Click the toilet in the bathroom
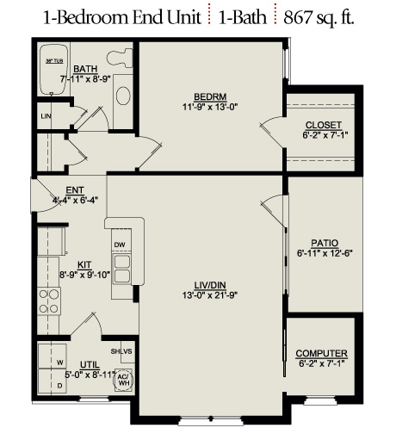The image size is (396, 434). (120, 58)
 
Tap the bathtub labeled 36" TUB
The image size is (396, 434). (54, 69)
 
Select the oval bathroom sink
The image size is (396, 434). (123, 96)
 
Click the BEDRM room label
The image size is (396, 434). (210, 96)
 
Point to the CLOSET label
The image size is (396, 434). (324, 125)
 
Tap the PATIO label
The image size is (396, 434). (325, 243)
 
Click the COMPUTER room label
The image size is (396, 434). (321, 353)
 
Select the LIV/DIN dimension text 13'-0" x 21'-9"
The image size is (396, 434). (210, 295)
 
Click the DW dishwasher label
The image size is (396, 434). (120, 245)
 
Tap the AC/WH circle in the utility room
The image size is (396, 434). (124, 380)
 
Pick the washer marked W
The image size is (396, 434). (53, 356)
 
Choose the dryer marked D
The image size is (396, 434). (53, 381)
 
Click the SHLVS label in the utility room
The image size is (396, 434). (121, 351)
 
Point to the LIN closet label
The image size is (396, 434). (46, 116)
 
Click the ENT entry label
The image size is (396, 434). (75, 190)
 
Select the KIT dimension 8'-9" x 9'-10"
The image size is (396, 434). (85, 275)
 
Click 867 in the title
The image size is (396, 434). (298, 17)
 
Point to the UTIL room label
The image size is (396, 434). (90, 365)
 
